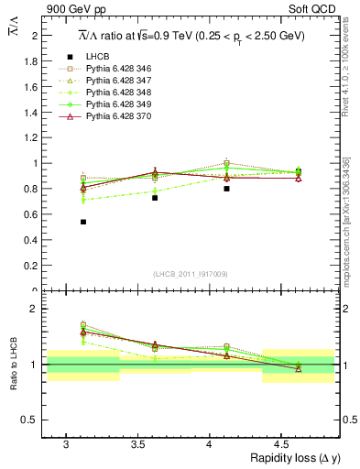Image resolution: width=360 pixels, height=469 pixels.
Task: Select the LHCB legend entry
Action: [99, 58]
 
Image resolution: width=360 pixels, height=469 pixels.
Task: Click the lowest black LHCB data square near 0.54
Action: [83, 222]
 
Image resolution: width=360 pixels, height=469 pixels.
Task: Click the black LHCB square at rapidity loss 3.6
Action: [155, 198]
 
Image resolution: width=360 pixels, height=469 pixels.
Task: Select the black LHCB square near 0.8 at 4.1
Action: [226, 189]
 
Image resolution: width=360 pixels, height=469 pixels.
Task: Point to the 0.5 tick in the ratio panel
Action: [32, 420]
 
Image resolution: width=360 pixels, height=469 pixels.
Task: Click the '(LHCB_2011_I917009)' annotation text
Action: [191, 274]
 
